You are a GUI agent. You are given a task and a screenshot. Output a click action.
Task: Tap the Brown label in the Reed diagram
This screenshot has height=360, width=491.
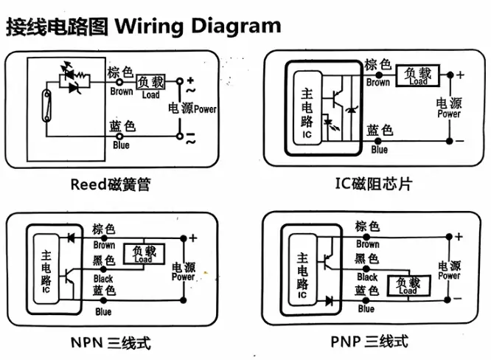pyautogui.click(x=121, y=91)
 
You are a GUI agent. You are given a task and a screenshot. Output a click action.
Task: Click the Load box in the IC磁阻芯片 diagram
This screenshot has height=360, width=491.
pyautogui.click(x=418, y=76)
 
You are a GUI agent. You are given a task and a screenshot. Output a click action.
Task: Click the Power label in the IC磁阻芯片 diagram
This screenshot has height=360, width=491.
pyautogui.click(x=449, y=114)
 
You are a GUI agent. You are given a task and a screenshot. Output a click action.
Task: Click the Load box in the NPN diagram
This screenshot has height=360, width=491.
pyautogui.click(x=143, y=253)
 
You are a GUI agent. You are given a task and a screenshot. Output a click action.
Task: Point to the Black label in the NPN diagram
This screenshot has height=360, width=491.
pyautogui.click(x=103, y=279)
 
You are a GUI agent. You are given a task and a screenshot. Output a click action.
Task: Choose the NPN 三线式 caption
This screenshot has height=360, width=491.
pyautogui.click(x=111, y=343)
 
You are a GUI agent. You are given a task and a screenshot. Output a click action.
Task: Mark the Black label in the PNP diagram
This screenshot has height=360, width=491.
pyautogui.click(x=366, y=277)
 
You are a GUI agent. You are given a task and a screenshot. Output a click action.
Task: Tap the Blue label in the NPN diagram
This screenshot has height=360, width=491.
pyautogui.click(x=103, y=311)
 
